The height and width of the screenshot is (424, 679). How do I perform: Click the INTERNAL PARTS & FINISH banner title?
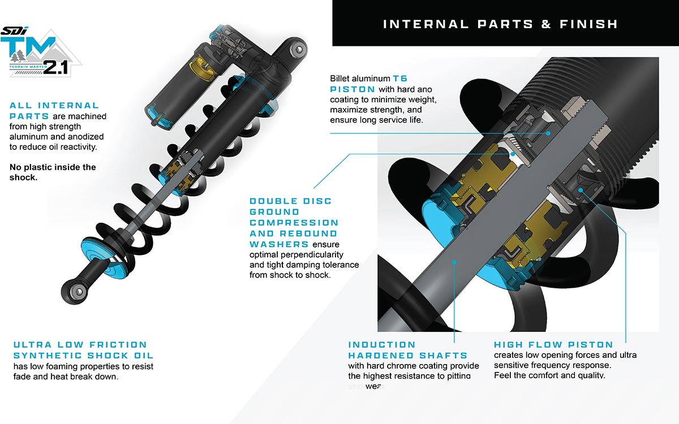pos(500,24)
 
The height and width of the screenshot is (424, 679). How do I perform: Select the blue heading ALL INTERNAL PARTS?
pos(54,110)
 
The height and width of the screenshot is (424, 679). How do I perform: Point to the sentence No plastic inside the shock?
pos(53,172)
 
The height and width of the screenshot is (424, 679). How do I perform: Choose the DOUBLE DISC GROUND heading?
pos(290,206)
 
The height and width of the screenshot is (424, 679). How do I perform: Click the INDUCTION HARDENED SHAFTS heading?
pos(407,349)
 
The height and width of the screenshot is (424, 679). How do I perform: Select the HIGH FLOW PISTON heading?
pos(553,344)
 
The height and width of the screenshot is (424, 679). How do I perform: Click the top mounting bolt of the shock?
pos(296,50)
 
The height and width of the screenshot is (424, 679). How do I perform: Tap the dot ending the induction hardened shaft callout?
pos(455,261)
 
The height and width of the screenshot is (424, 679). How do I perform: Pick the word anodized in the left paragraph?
pos(86,137)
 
